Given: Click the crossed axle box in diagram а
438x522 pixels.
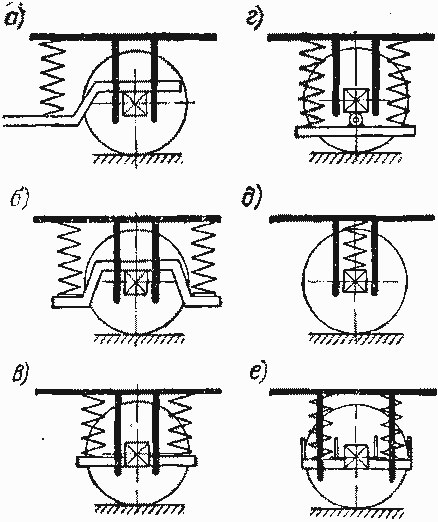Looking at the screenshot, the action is coord(135,104).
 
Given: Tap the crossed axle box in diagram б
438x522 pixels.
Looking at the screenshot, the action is coord(136,283).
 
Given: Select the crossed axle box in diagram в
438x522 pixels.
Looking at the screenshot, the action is coord(136,454).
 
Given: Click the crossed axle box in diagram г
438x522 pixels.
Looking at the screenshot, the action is coord(356,100).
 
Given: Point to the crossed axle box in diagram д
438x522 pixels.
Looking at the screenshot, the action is coord(355,282).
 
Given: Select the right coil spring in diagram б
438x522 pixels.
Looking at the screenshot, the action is coord(202,258).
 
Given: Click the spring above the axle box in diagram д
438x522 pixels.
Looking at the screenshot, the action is coord(355,246).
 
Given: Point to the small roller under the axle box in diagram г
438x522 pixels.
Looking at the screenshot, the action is coord(356,119).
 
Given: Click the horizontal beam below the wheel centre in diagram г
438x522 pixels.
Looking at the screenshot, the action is coord(355,131).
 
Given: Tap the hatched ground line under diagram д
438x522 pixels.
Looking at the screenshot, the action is coord(355,337).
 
